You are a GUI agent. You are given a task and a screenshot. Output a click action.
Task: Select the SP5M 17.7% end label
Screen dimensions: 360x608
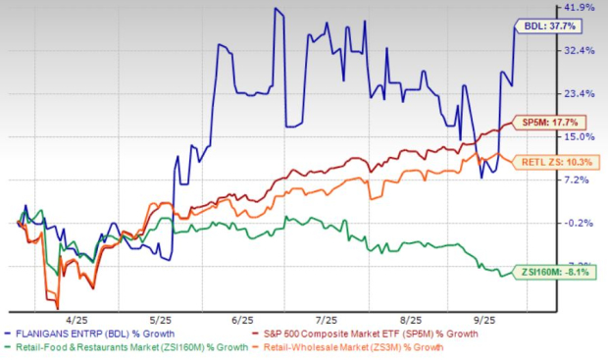[554, 123]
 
